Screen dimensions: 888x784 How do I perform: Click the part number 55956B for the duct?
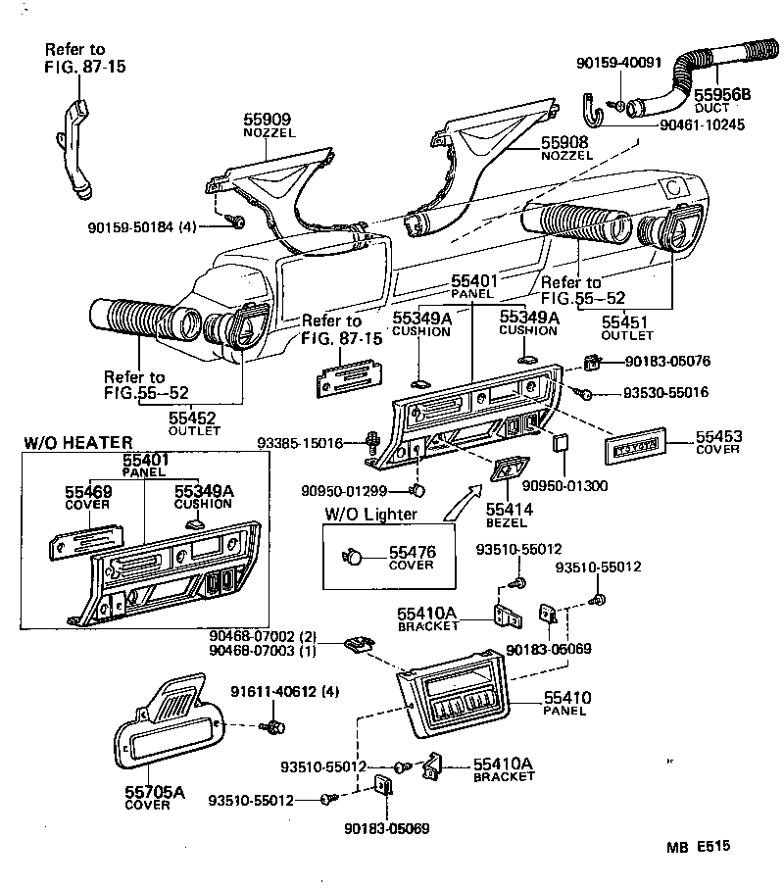click(x=721, y=94)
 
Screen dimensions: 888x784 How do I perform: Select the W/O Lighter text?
click(x=370, y=514)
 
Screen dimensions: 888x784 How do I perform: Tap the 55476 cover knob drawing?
click(x=352, y=558)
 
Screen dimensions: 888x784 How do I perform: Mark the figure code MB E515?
click(x=701, y=846)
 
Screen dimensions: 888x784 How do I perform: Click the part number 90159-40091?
click(x=620, y=62)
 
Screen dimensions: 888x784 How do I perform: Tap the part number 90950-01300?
click(x=564, y=484)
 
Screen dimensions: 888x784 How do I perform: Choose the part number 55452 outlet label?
click(x=192, y=418)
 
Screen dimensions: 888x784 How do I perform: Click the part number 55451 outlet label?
click(x=627, y=322)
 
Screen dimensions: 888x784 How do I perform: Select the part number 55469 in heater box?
click(x=88, y=491)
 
